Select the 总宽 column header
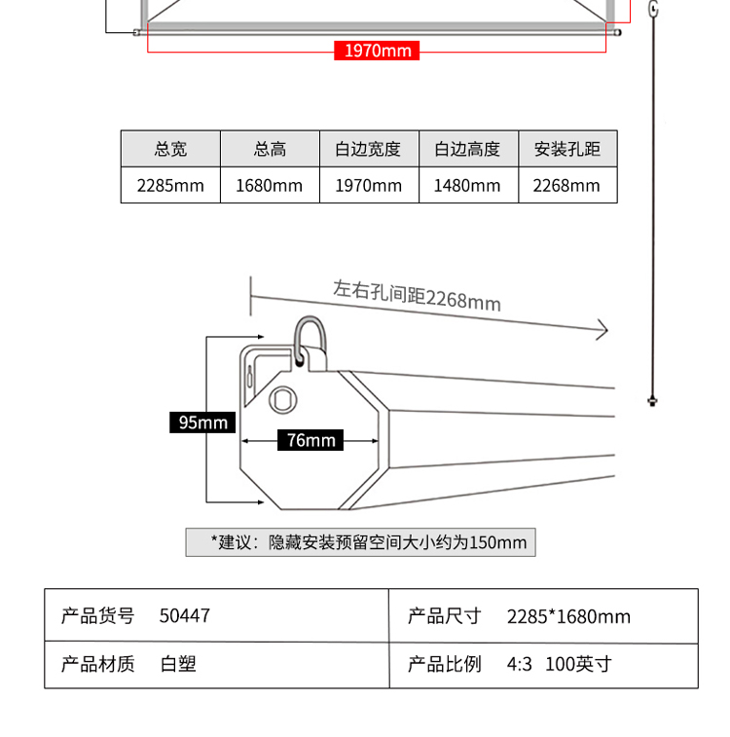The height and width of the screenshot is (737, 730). point(170,149)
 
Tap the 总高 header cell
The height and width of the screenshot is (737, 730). point(270,149)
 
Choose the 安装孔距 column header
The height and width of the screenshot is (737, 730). point(566,149)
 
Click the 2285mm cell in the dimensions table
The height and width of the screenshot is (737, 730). point(170,185)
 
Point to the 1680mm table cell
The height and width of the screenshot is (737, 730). point(270,185)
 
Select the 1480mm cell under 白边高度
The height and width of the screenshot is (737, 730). point(467,185)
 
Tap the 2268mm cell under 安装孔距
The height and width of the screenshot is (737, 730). point(566,185)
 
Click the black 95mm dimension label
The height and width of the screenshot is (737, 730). point(202,422)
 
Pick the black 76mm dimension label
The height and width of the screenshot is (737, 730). point(310,440)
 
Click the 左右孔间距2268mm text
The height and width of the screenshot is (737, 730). point(417,295)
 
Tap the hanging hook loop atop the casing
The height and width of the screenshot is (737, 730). point(310,339)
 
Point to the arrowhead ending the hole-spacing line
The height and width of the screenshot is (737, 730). point(602,330)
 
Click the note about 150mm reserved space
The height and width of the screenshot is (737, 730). point(361,542)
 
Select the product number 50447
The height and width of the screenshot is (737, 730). point(185,615)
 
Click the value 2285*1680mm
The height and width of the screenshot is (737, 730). point(568,616)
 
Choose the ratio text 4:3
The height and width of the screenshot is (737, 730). point(520,665)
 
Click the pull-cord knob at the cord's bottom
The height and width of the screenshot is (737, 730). point(652,399)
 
